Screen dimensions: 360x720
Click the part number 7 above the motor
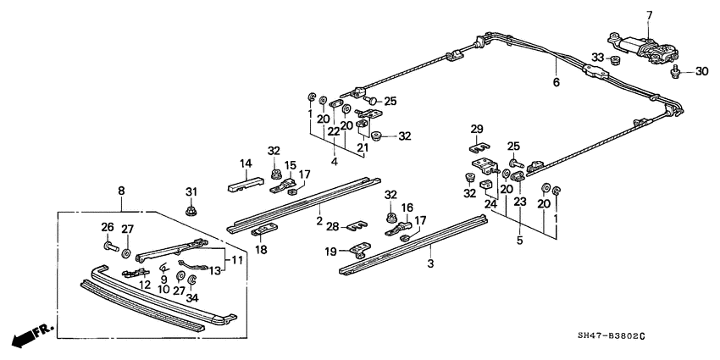pos(650,14)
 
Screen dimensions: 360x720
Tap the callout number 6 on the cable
pos(556,83)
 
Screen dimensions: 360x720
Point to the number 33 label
pos(598,58)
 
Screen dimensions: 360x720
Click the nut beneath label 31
pos(191,209)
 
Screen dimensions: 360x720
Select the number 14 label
pos(246,164)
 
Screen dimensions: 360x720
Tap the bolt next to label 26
pos(112,247)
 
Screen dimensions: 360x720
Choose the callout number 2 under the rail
pos(319,221)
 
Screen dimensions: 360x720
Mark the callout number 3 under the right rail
pos(429,266)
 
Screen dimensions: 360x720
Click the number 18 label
pos(261,251)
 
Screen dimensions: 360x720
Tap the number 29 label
pos(477,129)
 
